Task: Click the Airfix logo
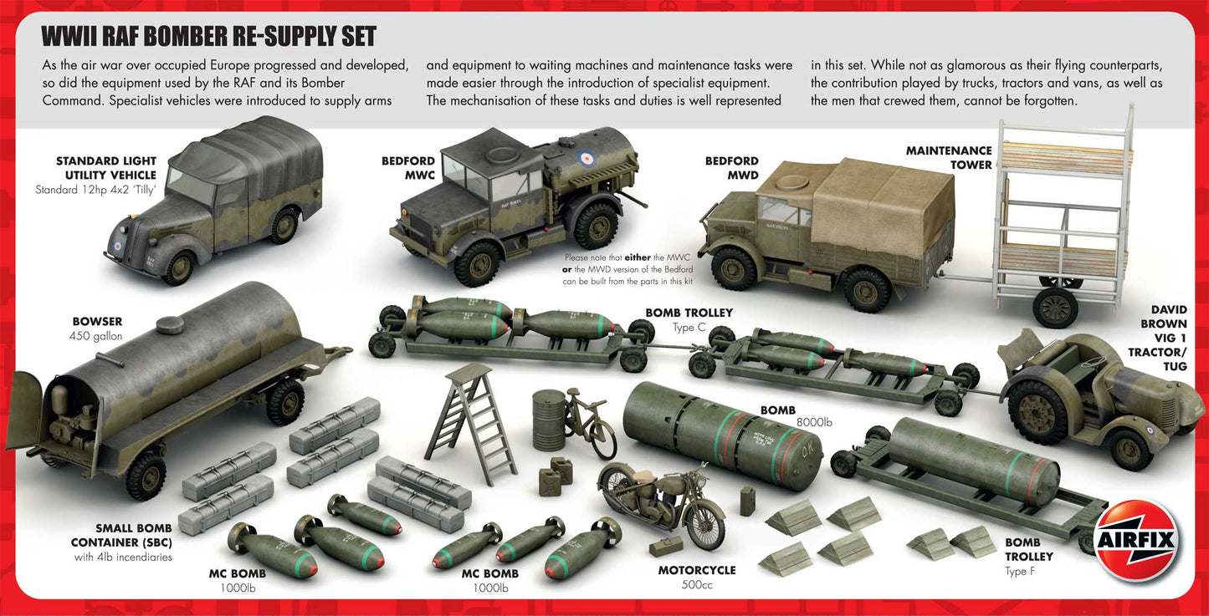tap(1136, 541)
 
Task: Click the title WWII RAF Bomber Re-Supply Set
tap(209, 37)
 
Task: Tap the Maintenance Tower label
tap(949, 158)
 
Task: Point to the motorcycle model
tap(661, 501)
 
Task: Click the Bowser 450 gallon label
tap(97, 328)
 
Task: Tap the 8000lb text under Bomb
tap(817, 423)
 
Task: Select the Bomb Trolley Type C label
tap(689, 319)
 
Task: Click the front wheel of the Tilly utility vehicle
tap(177, 267)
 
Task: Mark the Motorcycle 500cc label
tap(697, 577)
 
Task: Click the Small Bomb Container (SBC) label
tap(121, 542)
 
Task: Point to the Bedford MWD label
tap(731, 168)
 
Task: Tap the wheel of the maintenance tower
tap(1055, 307)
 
